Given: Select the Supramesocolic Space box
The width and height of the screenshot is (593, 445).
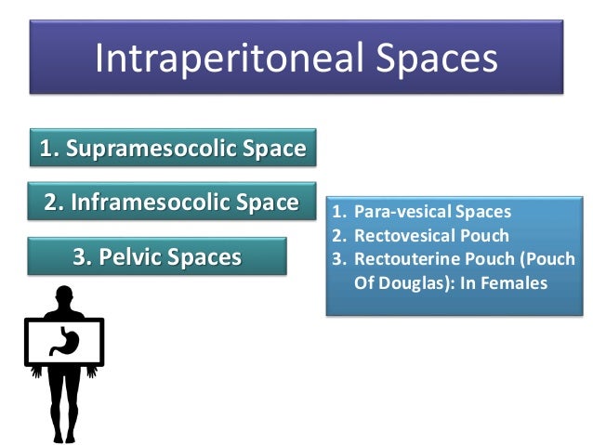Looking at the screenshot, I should [172, 149].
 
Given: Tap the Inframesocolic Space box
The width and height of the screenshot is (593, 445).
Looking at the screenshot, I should [172, 202].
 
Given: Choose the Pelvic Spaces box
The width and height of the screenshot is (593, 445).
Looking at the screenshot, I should [157, 255].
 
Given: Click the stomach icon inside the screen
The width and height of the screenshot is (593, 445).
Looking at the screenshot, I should [64, 341].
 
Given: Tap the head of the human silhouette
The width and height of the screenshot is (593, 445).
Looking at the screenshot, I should [63, 299].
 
